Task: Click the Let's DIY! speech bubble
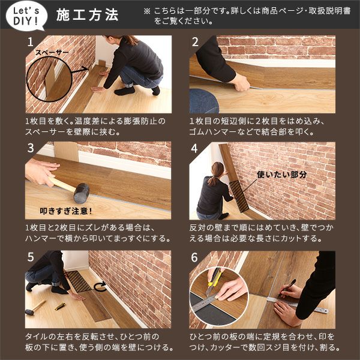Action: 25,15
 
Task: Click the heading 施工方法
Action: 87,15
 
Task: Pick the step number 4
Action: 195,148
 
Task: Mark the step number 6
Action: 195,257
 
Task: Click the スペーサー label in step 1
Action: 52,53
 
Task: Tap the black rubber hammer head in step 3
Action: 80,192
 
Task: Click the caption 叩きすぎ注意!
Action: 65,211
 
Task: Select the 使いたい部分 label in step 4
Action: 281,175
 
